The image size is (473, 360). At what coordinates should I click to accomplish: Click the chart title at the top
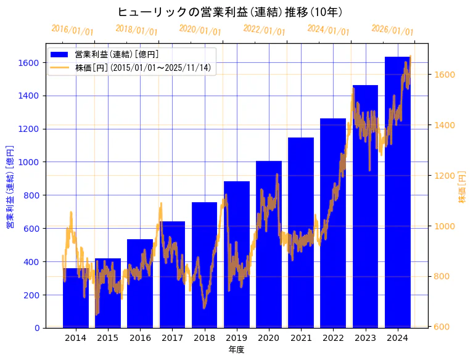click(x=230, y=12)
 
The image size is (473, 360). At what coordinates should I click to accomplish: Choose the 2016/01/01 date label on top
click(x=73, y=30)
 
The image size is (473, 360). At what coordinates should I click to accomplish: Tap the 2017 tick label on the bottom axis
click(x=172, y=338)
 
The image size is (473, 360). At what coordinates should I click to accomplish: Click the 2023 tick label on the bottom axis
click(x=365, y=338)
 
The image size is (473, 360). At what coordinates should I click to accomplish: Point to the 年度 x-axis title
click(x=236, y=350)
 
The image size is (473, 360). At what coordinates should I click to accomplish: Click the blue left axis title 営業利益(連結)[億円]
click(x=9, y=187)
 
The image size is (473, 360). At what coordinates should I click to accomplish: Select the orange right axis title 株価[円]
click(x=463, y=187)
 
